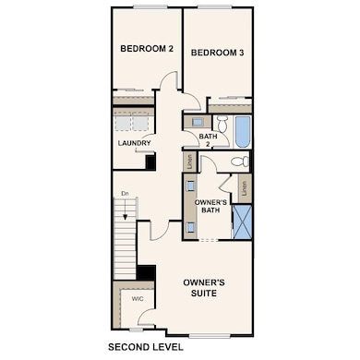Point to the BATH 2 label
pyautogui.click(x=208, y=140)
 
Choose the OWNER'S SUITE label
pyautogui.click(x=205, y=286)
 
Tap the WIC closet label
pyautogui.click(x=137, y=299)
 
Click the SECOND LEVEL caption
pyautogui.click(x=146, y=347)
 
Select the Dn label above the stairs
pyautogui.click(x=125, y=193)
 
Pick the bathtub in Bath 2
pyautogui.click(x=242, y=131)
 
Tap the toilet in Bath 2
pyautogui.click(x=222, y=123)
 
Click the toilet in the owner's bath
pyautogui.click(x=238, y=162)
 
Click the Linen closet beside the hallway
pyautogui.click(x=189, y=162)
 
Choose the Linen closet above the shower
pyautogui.click(x=244, y=188)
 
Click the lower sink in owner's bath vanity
pyautogui.click(x=190, y=226)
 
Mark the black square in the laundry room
pyautogui.click(x=150, y=162)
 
